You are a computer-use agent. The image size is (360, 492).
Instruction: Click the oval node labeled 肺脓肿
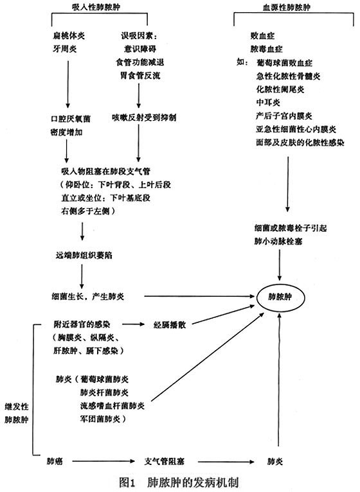click(x=280, y=297)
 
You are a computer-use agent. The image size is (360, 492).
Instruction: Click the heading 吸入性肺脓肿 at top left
click(x=96, y=7)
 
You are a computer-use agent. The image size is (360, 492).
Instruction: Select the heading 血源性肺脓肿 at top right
click(x=287, y=7)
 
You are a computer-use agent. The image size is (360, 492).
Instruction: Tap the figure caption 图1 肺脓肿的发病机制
click(x=179, y=482)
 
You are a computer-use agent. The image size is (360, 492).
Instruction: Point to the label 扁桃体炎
click(x=69, y=36)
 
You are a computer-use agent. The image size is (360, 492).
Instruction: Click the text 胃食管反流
click(x=140, y=76)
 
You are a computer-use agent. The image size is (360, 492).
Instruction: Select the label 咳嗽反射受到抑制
click(x=144, y=118)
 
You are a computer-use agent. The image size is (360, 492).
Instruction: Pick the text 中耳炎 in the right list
click(x=268, y=103)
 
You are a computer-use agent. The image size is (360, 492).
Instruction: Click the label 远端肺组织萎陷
click(x=84, y=256)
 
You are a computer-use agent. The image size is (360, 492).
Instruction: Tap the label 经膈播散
click(x=170, y=325)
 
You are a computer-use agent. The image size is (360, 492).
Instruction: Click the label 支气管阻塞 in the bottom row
click(x=165, y=462)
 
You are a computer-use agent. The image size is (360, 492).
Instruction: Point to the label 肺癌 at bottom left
click(x=55, y=461)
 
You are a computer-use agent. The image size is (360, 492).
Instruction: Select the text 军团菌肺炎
click(x=103, y=419)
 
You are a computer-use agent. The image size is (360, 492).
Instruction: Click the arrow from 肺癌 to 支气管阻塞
click(x=104, y=461)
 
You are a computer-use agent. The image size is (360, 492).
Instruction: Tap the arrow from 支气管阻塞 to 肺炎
click(x=226, y=462)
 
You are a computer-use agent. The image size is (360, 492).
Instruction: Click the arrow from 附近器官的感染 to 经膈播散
click(x=133, y=324)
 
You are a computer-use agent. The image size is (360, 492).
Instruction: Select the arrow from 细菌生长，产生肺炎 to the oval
click(x=199, y=296)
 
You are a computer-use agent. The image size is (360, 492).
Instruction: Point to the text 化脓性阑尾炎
click(x=280, y=89)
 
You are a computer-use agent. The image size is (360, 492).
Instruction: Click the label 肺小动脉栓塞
click(x=278, y=242)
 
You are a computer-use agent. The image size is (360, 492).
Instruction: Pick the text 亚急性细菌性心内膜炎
click(x=296, y=129)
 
